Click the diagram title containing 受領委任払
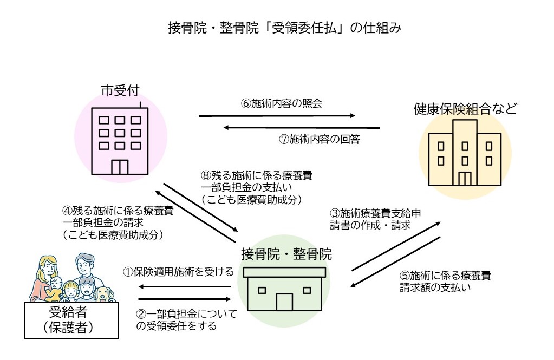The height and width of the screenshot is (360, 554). [x=277, y=28]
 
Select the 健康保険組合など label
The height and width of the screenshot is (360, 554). [x=465, y=109]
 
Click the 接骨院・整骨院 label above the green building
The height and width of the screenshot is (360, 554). [x=286, y=253]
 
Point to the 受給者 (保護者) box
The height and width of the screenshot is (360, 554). [x=71, y=320]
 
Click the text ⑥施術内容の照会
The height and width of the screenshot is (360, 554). [x=282, y=103]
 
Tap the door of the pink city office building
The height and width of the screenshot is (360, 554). [x=119, y=167]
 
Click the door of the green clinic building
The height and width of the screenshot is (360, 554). [x=284, y=302]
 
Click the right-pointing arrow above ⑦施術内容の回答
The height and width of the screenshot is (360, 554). [x=277, y=115]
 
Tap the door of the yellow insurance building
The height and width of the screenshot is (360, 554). [x=465, y=179]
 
